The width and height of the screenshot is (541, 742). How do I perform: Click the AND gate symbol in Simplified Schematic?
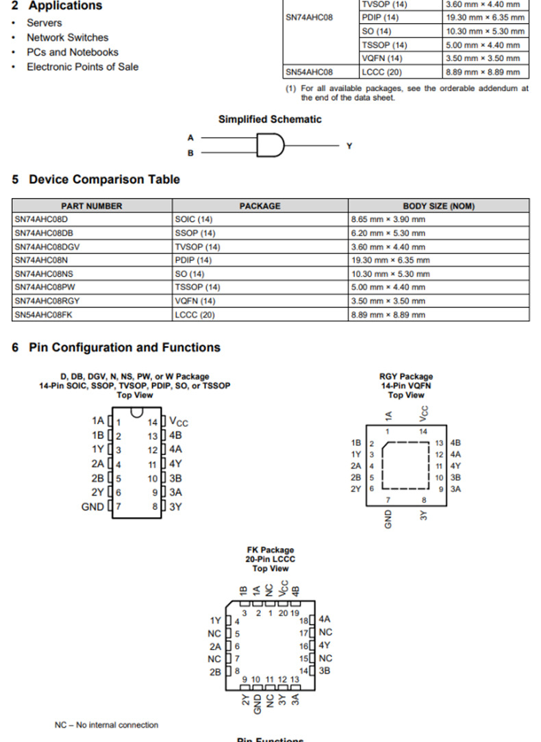click(x=270, y=145)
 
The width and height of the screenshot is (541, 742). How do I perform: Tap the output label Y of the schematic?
click(x=349, y=146)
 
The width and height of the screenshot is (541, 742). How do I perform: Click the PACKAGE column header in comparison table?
click(x=260, y=206)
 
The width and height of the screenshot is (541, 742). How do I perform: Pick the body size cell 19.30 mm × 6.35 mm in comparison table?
click(x=390, y=260)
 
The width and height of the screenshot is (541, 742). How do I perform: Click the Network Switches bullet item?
click(x=67, y=38)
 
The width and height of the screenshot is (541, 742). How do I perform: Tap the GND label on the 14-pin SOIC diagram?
click(x=93, y=507)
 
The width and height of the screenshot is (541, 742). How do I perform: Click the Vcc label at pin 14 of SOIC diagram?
click(x=178, y=421)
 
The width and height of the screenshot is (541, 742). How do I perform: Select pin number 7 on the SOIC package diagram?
click(x=118, y=507)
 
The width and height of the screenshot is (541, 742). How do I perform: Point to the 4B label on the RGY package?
click(x=455, y=443)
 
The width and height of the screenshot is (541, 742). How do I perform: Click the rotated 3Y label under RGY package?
click(x=424, y=515)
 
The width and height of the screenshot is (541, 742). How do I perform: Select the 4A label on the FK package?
click(x=325, y=619)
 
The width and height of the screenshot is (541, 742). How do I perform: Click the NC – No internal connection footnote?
click(x=106, y=725)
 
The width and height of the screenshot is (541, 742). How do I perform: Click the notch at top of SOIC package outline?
click(x=137, y=412)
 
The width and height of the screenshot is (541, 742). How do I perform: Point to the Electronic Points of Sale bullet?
click(x=82, y=66)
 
